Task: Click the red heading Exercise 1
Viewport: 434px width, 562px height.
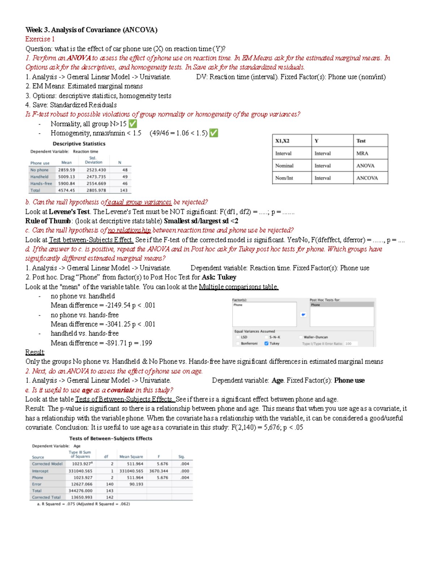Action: pos(40,39)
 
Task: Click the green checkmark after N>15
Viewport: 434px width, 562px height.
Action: pos(133,124)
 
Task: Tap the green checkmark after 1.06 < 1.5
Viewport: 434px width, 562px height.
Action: pos(214,133)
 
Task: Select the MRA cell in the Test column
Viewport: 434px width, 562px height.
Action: pos(362,153)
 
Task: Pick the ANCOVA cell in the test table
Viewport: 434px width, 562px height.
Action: pos(367,178)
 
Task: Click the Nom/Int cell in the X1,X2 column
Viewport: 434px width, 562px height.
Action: pos(284,178)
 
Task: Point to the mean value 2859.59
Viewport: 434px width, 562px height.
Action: pos(67,170)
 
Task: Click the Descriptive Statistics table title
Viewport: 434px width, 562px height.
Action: pos(79,144)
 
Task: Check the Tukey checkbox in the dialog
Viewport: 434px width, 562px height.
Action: pos(267,343)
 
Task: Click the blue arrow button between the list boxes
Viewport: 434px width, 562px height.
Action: pos(303,314)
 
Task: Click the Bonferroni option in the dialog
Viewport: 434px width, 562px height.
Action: pos(249,343)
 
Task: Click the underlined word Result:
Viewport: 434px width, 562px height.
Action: pos(35,352)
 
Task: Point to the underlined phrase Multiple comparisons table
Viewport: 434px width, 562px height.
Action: pos(239,287)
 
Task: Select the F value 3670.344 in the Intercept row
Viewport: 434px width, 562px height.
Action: pos(158,471)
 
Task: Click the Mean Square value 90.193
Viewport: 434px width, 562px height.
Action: pos(136,484)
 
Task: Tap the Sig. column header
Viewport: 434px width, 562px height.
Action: pos(182,457)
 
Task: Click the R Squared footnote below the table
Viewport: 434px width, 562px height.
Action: pos(83,504)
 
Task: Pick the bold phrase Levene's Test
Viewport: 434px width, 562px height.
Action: pos(69,212)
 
